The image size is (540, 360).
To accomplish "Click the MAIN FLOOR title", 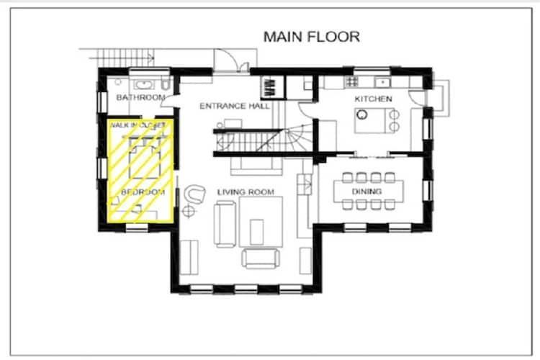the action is tap(312, 37).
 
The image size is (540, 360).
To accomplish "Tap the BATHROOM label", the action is tap(141, 97).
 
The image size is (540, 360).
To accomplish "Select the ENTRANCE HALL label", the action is tap(235, 106).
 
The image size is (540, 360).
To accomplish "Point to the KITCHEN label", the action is tap(373, 99).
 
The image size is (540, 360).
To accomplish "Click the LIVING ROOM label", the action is tap(246, 192).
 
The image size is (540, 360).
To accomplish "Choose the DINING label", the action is tap(366, 192).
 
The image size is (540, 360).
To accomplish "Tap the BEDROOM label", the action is tap(143, 192).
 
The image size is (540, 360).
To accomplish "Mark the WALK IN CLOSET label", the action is tap(138, 125).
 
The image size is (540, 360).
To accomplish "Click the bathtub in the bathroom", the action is tap(145, 84).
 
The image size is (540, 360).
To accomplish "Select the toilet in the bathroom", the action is tap(166, 84).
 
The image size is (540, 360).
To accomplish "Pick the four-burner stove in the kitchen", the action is tap(352, 81).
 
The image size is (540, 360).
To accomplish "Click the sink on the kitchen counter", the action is tap(382, 82).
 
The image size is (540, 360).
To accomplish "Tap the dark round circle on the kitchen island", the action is tap(361, 114).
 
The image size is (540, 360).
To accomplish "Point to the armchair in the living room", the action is tap(194, 194).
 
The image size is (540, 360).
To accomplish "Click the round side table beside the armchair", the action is tap(189, 211).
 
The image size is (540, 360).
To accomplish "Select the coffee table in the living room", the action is tap(257, 232).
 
